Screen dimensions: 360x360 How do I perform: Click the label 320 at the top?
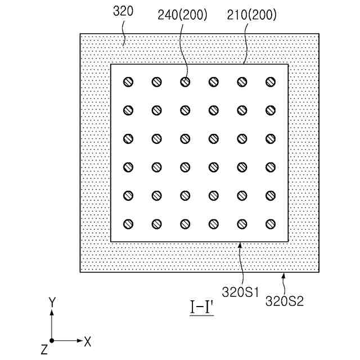(x=123, y=11)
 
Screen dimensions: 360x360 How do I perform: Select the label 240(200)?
(x=183, y=15)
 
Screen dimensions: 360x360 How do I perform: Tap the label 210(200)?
(x=252, y=15)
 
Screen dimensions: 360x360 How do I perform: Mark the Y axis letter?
(x=52, y=302)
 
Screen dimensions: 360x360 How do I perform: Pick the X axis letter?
(x=88, y=340)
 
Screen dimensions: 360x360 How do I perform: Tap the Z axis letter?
(x=43, y=349)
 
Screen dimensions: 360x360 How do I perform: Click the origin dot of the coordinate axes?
(x=52, y=340)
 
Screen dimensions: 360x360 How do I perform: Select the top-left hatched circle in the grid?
(x=128, y=82)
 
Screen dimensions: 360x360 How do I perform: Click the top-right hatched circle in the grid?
(x=271, y=82)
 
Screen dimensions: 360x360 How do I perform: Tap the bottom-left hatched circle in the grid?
(x=128, y=224)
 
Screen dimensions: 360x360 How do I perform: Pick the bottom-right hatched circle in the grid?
(x=271, y=224)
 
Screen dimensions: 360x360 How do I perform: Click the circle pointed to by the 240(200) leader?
(x=185, y=82)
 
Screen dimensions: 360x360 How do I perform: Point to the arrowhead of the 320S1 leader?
(x=239, y=244)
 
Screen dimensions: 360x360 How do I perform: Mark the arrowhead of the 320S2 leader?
(x=283, y=274)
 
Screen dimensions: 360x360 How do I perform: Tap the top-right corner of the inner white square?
(x=288, y=64)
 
